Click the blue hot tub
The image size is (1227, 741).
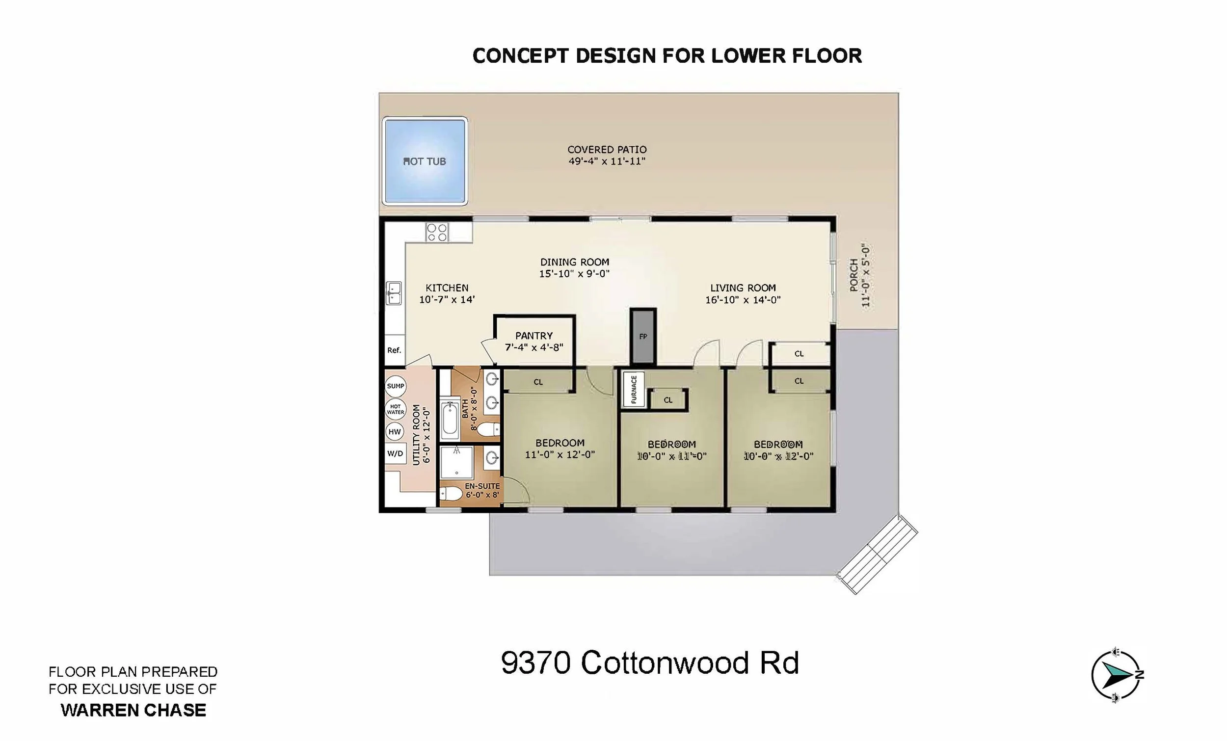point(425,161)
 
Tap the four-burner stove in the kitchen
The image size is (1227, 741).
point(437,232)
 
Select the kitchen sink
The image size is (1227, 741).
point(394,293)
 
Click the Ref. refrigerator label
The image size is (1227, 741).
point(394,350)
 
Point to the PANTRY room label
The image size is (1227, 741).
point(534,336)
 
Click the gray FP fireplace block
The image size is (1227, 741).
point(643,336)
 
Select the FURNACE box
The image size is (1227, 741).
point(634,389)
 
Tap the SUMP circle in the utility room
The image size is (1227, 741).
point(396,386)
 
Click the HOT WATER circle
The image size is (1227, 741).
point(396,409)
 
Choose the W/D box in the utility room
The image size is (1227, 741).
point(396,453)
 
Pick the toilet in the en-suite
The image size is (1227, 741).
point(451,494)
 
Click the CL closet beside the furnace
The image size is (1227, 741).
point(668,400)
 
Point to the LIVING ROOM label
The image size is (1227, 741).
point(743,288)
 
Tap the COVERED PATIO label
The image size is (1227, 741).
point(607,149)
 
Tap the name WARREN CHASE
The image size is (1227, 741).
point(133,710)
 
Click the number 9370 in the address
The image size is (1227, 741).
point(536,663)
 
